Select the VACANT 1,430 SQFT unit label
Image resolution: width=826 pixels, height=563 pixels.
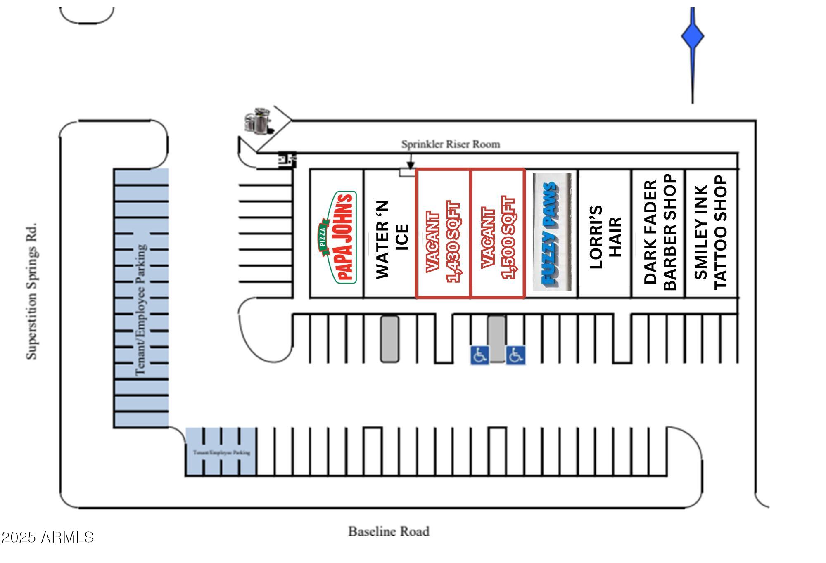tap(443, 241)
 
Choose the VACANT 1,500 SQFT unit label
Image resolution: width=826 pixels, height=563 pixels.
tap(498, 239)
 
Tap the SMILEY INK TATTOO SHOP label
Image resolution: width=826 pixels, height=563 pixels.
tap(710, 232)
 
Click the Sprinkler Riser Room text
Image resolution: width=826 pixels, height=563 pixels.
tap(451, 144)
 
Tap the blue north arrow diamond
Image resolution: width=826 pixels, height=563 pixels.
tap(693, 36)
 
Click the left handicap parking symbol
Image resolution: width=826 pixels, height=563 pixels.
tap(479, 355)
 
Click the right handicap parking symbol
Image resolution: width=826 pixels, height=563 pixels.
tap(515, 355)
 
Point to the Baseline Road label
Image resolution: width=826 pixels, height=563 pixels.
tap(389, 531)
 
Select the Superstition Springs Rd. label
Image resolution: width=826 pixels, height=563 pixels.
tap(32, 291)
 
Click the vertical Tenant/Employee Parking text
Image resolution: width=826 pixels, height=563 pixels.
tap(141, 310)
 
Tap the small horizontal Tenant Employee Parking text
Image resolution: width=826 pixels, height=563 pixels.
tap(221, 452)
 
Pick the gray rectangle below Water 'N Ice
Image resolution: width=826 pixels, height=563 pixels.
tap(389, 339)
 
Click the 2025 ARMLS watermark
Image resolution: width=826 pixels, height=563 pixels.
tap(47, 537)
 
